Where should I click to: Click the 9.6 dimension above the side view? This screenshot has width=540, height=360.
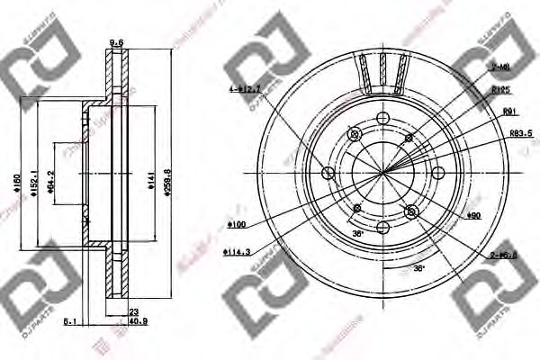tap(115, 42)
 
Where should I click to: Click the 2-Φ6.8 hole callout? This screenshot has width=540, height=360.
tap(503, 254)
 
